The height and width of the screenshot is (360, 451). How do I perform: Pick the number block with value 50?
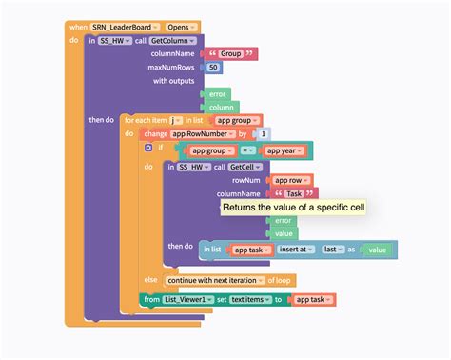click(213, 68)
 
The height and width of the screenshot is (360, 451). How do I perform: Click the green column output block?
click(221, 108)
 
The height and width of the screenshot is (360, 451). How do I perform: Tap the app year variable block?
click(285, 150)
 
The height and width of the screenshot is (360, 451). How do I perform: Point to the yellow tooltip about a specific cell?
click(292, 207)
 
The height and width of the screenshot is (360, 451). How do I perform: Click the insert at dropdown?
click(298, 249)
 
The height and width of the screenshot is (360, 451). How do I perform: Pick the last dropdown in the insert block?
click(333, 249)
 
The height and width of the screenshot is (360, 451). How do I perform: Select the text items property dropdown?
click(252, 300)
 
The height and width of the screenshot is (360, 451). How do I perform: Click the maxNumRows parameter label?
click(171, 68)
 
